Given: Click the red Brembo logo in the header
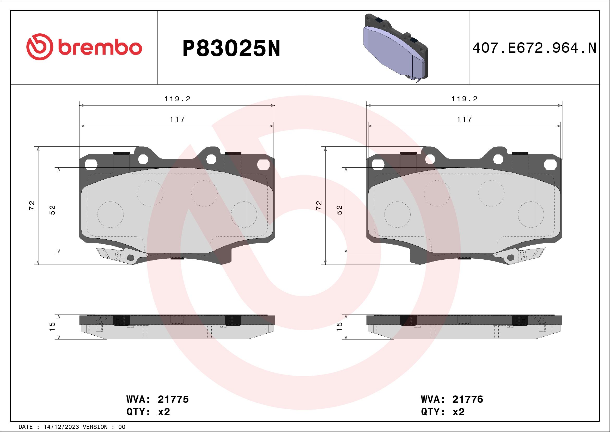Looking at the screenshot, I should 84,48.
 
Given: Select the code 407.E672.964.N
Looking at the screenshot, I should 534,48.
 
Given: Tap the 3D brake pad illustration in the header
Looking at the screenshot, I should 395,48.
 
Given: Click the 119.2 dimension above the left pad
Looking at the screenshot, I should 177,99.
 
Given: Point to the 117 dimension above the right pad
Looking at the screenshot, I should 464,120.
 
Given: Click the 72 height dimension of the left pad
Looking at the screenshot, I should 32,205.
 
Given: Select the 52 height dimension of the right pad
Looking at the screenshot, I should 339,210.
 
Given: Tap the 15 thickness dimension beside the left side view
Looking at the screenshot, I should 52,327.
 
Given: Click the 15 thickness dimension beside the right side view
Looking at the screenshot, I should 339,327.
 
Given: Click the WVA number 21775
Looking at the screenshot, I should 173,399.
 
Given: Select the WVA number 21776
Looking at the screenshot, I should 468,399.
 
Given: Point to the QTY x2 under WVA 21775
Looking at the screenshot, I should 148,412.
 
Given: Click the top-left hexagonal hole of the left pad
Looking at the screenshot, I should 91,164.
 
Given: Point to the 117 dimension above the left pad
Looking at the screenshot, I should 177,120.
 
